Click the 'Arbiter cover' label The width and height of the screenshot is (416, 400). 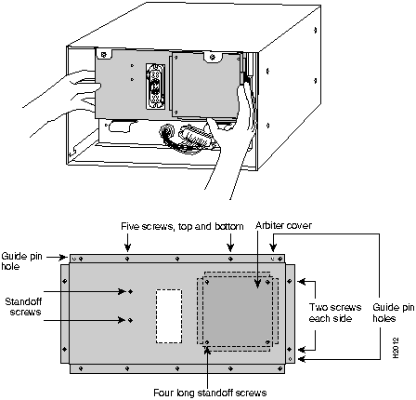pos(283,225)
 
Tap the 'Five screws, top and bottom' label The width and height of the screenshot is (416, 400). pos(182,226)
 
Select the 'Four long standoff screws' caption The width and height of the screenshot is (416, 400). pos(210,393)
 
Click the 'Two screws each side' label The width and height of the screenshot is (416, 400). pos(335,313)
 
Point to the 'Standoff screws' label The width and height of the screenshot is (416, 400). pos(23,306)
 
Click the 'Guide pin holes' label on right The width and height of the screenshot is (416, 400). pos(393,313)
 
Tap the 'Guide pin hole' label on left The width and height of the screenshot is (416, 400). pos(21,261)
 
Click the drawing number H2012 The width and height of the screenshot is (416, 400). pos(396,348)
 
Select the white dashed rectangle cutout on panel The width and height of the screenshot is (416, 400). pos(169,316)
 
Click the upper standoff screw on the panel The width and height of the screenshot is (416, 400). pos(130,291)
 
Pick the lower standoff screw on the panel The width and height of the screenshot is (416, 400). pos(130,320)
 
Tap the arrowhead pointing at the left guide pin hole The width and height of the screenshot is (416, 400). pos(63,257)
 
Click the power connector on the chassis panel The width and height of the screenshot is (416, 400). pos(155,87)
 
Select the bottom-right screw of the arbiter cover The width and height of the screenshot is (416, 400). pos(268,342)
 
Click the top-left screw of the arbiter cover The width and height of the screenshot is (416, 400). pos(207,282)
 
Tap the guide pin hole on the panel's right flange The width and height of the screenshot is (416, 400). pos(290,359)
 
